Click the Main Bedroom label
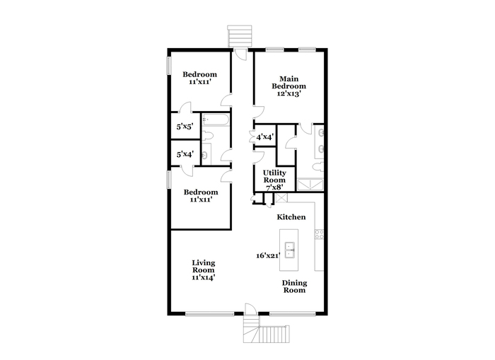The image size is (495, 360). [289, 83]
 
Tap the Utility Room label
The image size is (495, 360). [274, 177]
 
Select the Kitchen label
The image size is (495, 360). [291, 217]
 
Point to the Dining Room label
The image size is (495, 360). [294, 286]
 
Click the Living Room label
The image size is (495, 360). [204, 267]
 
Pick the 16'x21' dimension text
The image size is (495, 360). [268, 255]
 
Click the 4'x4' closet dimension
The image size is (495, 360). [264, 137]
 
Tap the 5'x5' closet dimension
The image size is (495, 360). [185, 127]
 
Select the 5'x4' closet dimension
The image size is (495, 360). [185, 154]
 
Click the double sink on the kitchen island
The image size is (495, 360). [289, 250]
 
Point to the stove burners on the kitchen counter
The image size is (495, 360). [319, 234]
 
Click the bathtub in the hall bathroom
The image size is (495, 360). [215, 120]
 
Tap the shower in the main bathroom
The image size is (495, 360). [310, 185]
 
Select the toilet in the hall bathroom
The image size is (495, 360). [207, 136]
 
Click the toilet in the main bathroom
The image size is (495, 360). [318, 167]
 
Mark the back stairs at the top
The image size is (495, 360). [240, 36]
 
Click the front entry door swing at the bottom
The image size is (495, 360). [252, 310]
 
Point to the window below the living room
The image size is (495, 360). [209, 314]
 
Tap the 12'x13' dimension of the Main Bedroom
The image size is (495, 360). [289, 94]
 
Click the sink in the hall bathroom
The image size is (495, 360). [206, 154]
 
